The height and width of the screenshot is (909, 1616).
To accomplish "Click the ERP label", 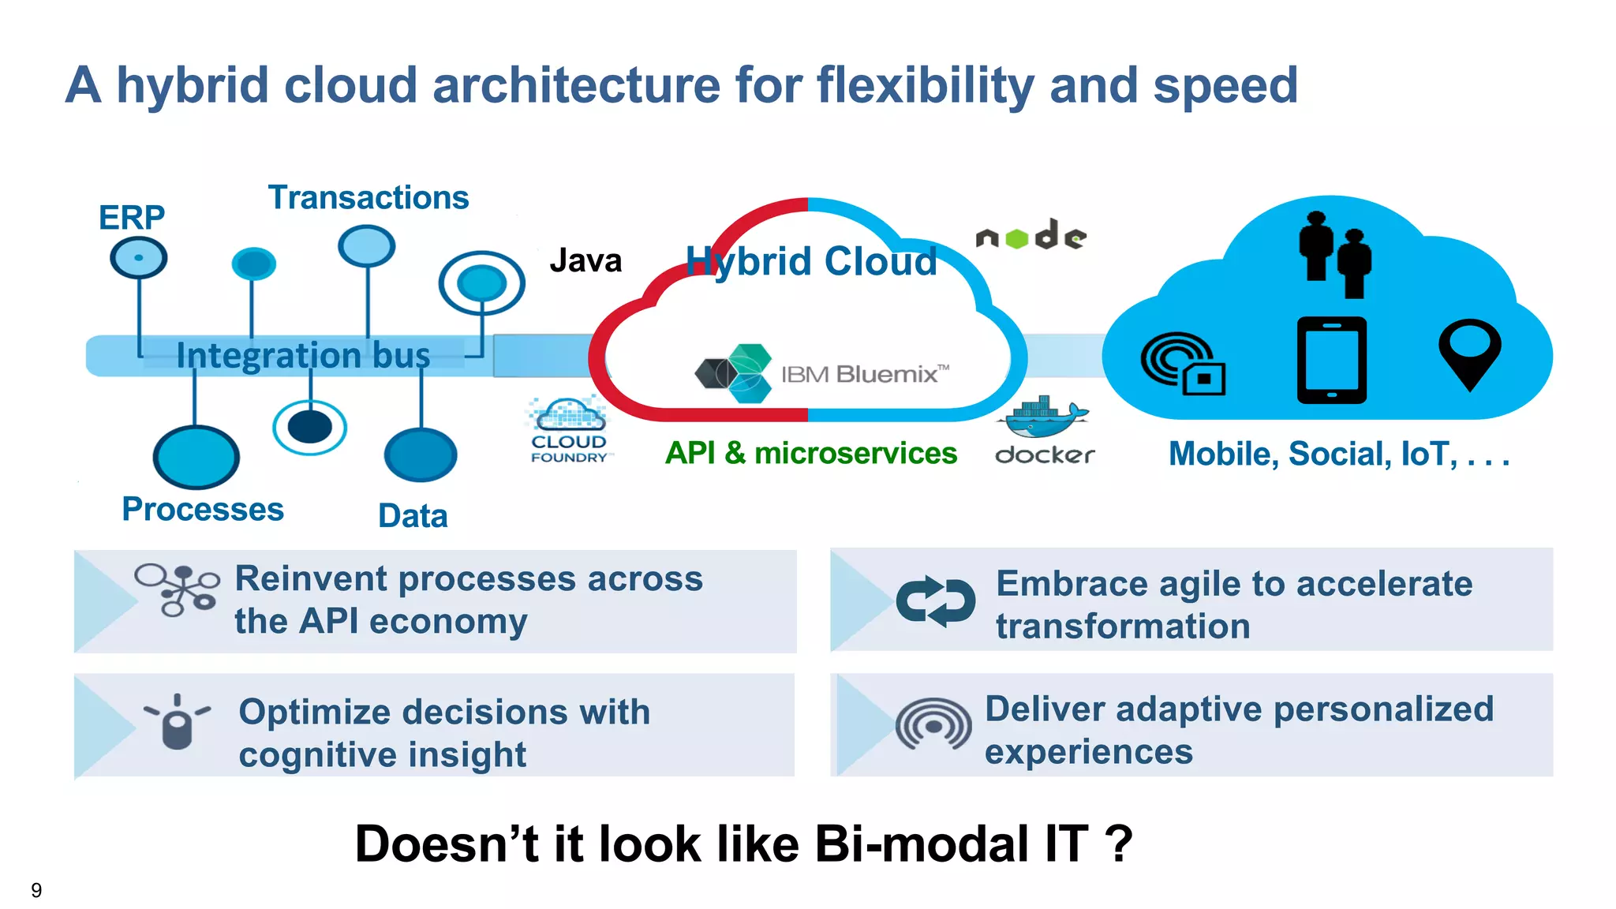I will (132, 218).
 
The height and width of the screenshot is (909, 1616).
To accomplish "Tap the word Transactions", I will (368, 197).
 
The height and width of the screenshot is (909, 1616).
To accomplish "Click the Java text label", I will (585, 260).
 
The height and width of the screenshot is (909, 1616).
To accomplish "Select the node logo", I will (1031, 235).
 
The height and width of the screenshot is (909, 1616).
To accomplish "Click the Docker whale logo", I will (1043, 418).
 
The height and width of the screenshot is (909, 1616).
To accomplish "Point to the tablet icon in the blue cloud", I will (1331, 360).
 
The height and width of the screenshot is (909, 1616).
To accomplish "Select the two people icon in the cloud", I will (1335, 254).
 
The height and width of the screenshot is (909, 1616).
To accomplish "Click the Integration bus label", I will (303, 355).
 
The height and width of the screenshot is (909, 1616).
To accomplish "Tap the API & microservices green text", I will (810, 453).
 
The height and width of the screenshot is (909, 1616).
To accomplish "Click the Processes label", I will (203, 509).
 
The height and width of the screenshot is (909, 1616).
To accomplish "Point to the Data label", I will (413, 516).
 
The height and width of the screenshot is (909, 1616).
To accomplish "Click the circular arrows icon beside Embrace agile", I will (935, 601).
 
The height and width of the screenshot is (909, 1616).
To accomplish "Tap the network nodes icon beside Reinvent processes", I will (177, 589).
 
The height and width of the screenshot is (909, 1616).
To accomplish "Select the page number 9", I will (36, 890).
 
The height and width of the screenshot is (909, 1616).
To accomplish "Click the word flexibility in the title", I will (924, 85).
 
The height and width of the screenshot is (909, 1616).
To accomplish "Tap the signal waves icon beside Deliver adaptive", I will (933, 724).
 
